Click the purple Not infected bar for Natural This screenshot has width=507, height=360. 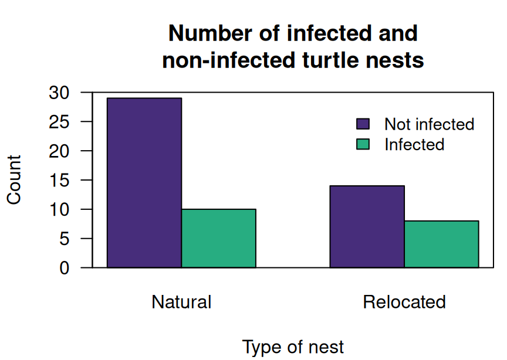pyautogui.click(x=144, y=183)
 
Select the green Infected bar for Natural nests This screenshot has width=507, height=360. pyautogui.click(x=218, y=239)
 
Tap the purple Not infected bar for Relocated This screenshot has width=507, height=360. pyautogui.click(x=367, y=227)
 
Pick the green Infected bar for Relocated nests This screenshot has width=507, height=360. pyautogui.click(x=441, y=244)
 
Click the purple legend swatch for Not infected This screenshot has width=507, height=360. pyautogui.click(x=363, y=124)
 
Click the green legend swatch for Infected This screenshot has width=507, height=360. pyautogui.click(x=363, y=144)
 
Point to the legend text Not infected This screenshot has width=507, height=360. pyautogui.click(x=429, y=124)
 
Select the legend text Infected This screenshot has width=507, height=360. pyautogui.click(x=414, y=144)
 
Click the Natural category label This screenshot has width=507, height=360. pyautogui.click(x=181, y=302)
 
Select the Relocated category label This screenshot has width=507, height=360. pyautogui.click(x=404, y=302)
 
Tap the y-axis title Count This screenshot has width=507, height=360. pyautogui.click(x=14, y=180)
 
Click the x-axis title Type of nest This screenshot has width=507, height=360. pyautogui.click(x=293, y=347)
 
